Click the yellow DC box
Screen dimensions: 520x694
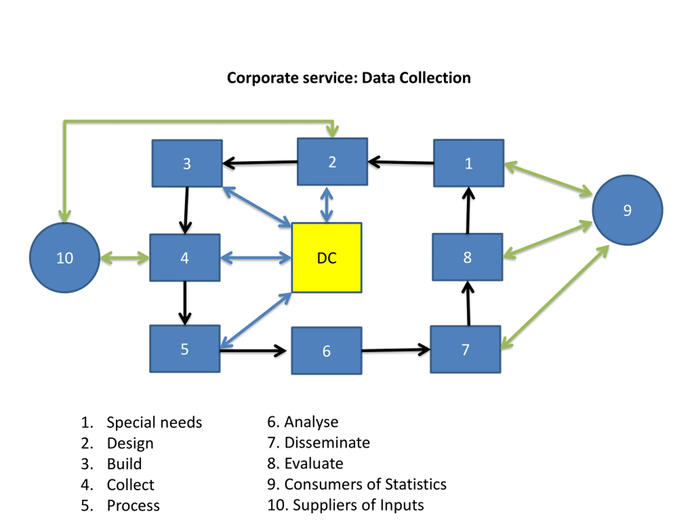[327, 258]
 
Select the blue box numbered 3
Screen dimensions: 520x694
[187, 163]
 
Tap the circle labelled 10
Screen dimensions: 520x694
[65, 258]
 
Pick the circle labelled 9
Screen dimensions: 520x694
[628, 210]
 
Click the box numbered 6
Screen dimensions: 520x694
[327, 351]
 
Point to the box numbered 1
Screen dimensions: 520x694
[469, 163]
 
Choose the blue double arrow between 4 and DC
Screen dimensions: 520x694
[256, 258]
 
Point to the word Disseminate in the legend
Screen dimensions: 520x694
[327, 443]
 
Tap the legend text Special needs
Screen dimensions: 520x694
[154, 422]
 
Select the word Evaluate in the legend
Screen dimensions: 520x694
[314, 463]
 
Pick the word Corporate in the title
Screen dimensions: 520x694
[261, 78]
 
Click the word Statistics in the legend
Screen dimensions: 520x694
[415, 484]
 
